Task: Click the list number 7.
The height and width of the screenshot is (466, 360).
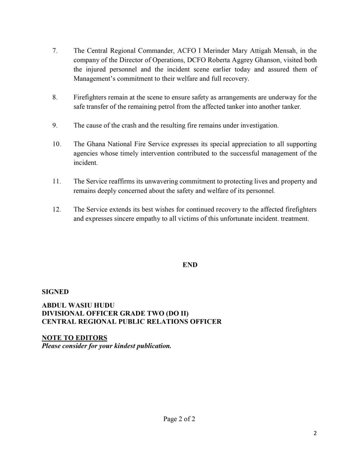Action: point(55,51)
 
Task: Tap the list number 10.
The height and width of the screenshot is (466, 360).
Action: point(57,144)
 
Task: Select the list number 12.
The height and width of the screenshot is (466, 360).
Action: point(57,209)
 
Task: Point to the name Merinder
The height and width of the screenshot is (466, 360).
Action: point(216,51)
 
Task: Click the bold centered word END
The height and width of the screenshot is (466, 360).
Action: point(190,265)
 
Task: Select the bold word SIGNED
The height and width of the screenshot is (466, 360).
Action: point(55,292)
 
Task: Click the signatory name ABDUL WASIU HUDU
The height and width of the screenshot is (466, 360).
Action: point(78,305)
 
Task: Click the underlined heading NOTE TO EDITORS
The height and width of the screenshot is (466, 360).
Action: point(75,338)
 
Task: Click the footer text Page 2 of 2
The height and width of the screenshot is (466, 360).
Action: point(179,419)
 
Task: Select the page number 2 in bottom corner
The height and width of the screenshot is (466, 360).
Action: point(315,433)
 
